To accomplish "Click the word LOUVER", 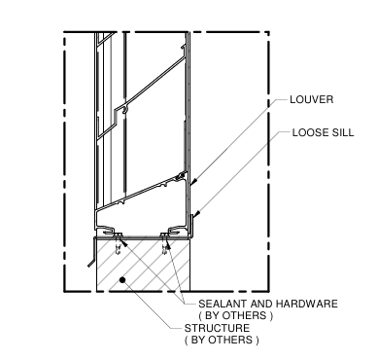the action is (x=309, y=99).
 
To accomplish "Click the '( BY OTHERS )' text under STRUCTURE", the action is (x=222, y=341).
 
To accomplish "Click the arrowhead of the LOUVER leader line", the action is (x=193, y=181).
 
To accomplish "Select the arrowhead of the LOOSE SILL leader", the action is (x=196, y=215).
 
